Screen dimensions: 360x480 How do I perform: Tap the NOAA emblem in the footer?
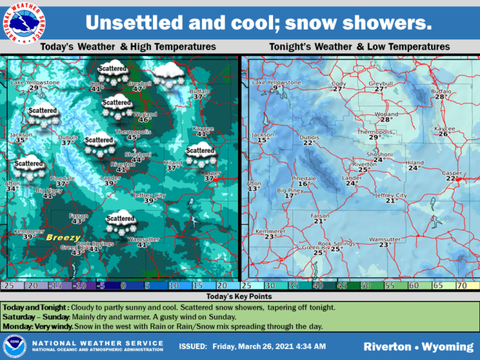click(14, 343)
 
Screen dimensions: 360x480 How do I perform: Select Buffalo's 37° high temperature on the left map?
click(199, 97)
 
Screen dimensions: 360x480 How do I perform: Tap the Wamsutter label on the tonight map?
click(384, 239)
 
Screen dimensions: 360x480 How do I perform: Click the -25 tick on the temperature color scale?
click(8, 285)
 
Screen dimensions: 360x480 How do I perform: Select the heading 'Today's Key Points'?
click(239, 294)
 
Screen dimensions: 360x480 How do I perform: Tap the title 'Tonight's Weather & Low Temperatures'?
click(359, 47)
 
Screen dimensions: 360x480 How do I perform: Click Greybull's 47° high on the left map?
click(138, 89)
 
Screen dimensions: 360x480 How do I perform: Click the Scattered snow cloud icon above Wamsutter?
click(120, 224)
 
